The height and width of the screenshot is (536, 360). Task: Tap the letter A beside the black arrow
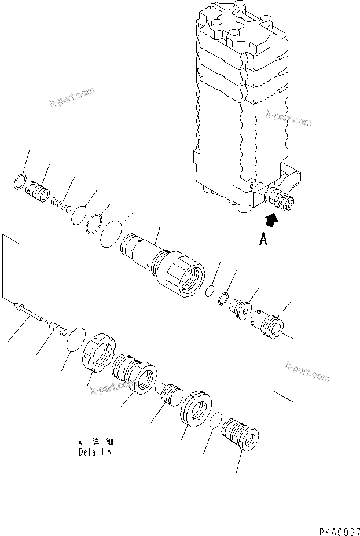tap(263, 238)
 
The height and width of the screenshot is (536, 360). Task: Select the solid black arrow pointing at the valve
tap(270, 219)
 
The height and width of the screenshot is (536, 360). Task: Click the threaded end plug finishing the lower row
tap(241, 435)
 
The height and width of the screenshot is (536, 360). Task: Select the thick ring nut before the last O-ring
tap(197, 410)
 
